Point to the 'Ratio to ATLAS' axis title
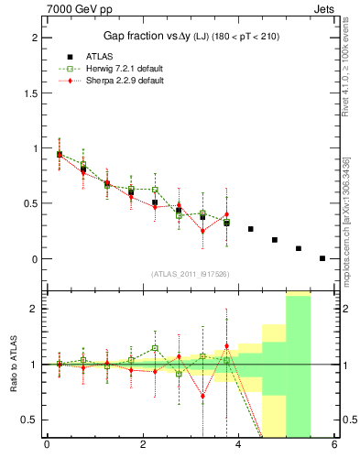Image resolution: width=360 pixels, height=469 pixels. click(13, 365)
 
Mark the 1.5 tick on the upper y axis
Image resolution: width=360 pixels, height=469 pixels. click(28, 93)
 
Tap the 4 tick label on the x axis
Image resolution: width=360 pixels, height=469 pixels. click(238, 445)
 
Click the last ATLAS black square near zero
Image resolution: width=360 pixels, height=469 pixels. click(322, 258)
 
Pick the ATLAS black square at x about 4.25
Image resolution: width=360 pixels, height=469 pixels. click(251, 229)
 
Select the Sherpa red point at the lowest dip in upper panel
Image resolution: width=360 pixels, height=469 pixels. click(202, 231)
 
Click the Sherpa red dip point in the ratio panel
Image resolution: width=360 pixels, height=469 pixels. click(202, 397)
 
